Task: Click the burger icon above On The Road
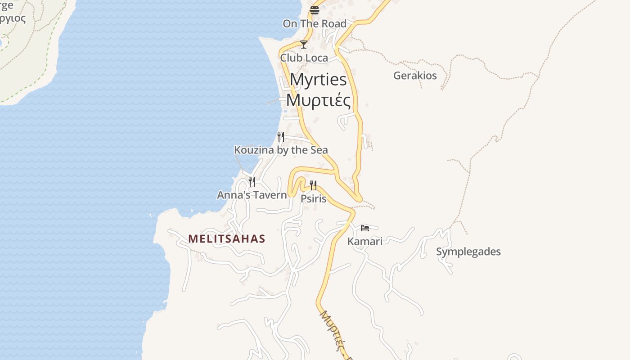coord(314,10)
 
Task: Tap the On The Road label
coord(315,24)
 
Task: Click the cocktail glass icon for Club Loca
coord(304,45)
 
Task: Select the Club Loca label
coord(304,58)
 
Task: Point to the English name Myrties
coord(318,80)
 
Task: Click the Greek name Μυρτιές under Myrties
coord(318,100)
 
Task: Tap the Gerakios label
coord(415,76)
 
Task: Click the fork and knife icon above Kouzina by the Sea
coord(281,136)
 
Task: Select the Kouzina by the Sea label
coord(281,150)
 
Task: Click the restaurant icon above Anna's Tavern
coord(252,182)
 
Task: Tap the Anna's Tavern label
coord(252,195)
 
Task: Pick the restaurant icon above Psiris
coord(313,185)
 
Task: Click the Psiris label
coord(314,198)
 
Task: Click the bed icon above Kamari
coord(365,228)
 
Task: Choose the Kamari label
coord(365,242)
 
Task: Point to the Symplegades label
coord(468,252)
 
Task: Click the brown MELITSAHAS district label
coord(227,239)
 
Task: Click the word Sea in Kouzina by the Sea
coord(318,150)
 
